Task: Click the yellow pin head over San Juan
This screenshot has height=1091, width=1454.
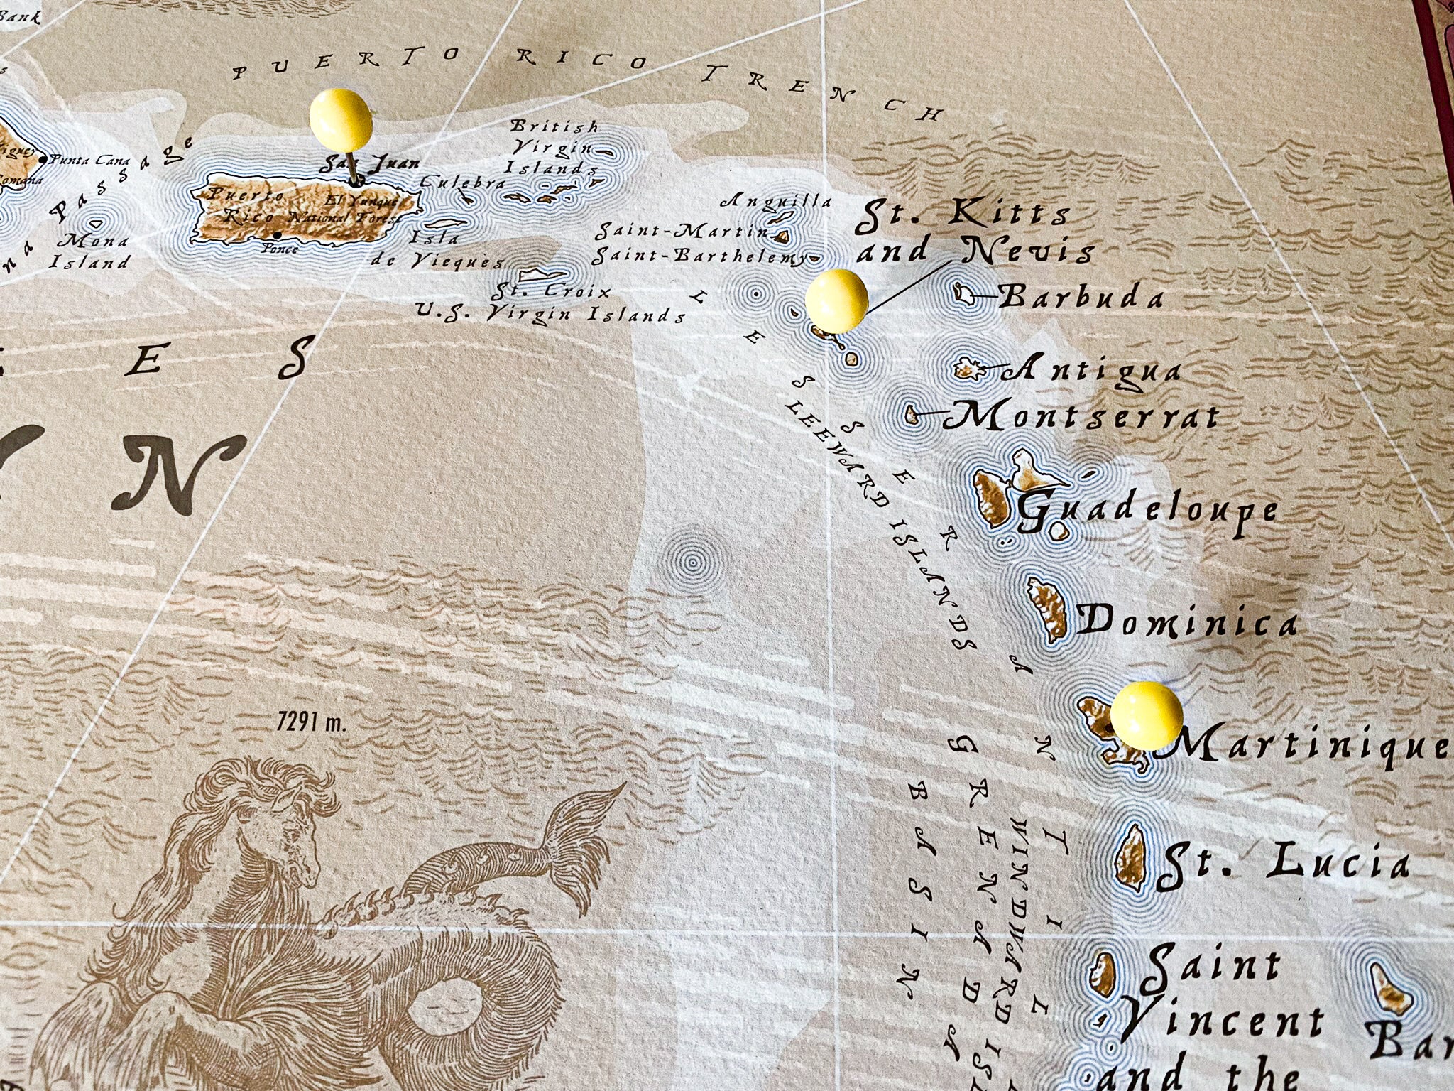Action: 341,119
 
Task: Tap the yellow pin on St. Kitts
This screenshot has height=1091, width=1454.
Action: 836,301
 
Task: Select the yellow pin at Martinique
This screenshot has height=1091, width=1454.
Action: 1146,714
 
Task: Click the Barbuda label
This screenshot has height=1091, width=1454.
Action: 1080,297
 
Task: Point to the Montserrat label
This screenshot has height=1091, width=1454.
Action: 1081,416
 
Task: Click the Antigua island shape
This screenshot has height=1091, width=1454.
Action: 967,369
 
